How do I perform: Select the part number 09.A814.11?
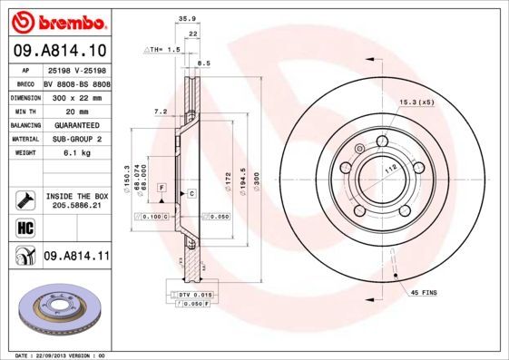point(76,258)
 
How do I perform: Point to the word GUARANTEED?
point(76,124)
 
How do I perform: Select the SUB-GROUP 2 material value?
point(76,139)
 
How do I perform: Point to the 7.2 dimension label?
point(161,111)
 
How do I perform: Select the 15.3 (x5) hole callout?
point(416,102)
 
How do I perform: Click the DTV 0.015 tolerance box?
point(193,296)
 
